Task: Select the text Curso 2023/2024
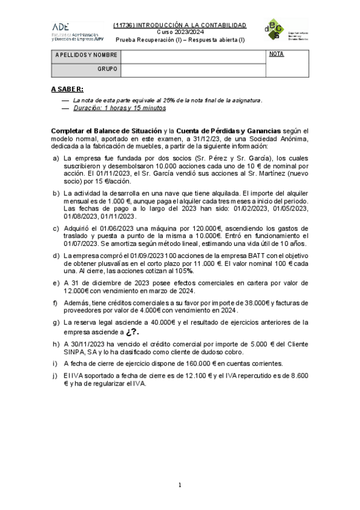180,31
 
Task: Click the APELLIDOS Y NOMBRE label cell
86,55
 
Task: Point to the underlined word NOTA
276,54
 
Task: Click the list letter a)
56,158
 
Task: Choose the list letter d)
56,255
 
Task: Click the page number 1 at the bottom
180,485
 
